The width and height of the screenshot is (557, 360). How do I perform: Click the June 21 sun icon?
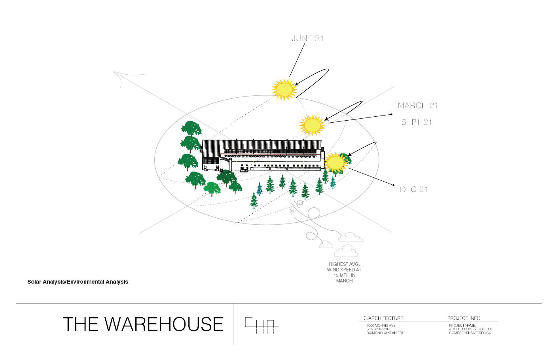point(284,89)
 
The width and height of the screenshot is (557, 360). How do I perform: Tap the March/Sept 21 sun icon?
point(313,125)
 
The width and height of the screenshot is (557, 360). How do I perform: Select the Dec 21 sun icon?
point(335,163)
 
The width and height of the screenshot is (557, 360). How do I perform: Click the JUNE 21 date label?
point(307,38)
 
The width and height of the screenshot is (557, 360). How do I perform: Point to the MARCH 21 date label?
point(418,106)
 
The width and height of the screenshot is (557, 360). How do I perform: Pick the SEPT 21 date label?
point(417,122)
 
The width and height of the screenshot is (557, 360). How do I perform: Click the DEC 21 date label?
point(413,189)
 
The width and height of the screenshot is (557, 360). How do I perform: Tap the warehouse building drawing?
point(262,155)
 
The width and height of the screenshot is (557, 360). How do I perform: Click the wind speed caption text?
point(344,272)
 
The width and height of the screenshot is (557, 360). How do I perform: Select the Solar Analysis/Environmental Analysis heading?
point(78,282)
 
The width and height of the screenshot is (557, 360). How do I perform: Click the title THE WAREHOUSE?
point(143,324)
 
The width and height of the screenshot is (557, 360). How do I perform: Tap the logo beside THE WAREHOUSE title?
point(261,325)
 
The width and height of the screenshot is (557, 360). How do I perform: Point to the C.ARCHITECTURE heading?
point(383,318)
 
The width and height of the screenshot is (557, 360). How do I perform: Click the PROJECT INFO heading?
point(464,318)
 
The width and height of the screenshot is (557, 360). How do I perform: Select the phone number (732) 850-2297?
point(378,329)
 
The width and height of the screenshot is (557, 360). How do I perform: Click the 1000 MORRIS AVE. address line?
point(381,325)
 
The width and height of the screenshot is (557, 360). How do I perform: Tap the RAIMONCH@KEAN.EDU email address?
point(385,333)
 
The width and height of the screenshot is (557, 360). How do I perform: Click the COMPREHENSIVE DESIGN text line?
point(470,333)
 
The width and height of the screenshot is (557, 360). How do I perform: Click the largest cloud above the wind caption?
point(346,251)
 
